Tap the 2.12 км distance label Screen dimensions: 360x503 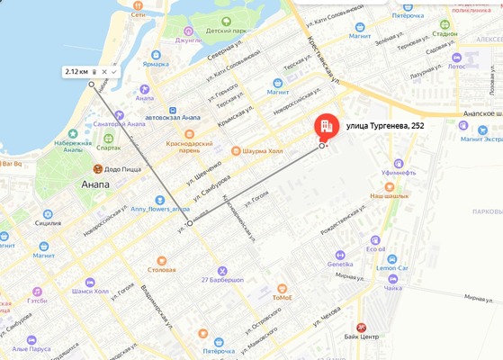(x=76, y=71)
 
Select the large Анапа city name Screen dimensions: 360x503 (x=94, y=184)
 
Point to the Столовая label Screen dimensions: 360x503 (x=162, y=269)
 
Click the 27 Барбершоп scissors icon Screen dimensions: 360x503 (x=221, y=270)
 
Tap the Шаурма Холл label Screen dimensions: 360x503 (x=262, y=151)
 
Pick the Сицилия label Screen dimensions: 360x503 (x=48, y=221)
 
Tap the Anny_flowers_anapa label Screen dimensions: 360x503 (x=161, y=209)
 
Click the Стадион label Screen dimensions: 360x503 (x=445, y=34)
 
